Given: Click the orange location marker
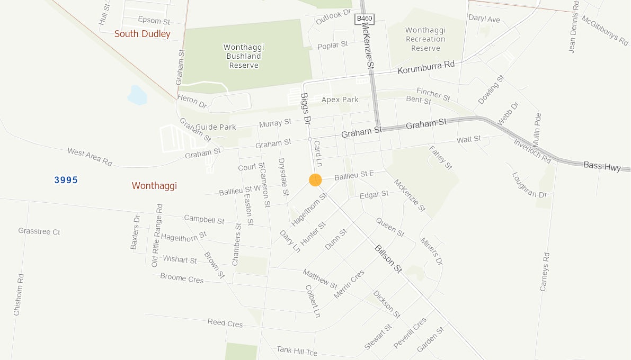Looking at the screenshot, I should coord(315,180).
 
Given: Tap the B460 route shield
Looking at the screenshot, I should coord(365,19).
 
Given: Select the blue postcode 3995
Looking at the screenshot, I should coord(66,180).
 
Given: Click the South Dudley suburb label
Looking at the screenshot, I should coord(143,34).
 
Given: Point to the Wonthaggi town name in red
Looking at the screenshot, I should coord(154,186).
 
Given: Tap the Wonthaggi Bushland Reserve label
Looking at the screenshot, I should coord(244,56).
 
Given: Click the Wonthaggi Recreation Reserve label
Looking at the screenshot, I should coord(426,39).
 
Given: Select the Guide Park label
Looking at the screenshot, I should coord(216,127).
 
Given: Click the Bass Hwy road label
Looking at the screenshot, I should coord(602,166).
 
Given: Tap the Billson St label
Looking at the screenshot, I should coord(388,259).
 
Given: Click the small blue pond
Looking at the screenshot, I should coord(137,95).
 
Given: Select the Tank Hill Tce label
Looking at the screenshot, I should coord(297,351).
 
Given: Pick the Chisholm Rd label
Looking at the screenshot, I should coord(18,294).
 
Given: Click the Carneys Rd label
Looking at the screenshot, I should coord(545,272).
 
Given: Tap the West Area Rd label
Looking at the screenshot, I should coord(90,157).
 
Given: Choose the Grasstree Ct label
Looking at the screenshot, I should coord(39,231).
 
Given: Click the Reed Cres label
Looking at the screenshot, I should coord(225,322).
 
